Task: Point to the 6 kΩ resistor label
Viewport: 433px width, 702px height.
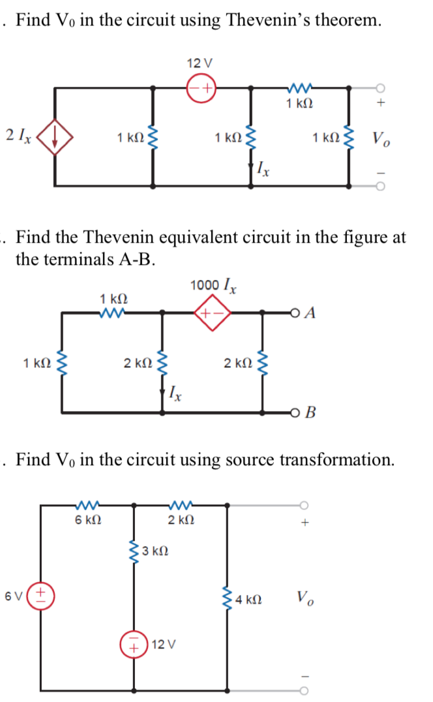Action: [x=87, y=520]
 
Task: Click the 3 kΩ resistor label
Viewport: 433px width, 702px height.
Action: [x=157, y=551]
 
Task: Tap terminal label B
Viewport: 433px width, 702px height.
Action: [x=310, y=412]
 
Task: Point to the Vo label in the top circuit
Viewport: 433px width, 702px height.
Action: [x=378, y=138]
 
